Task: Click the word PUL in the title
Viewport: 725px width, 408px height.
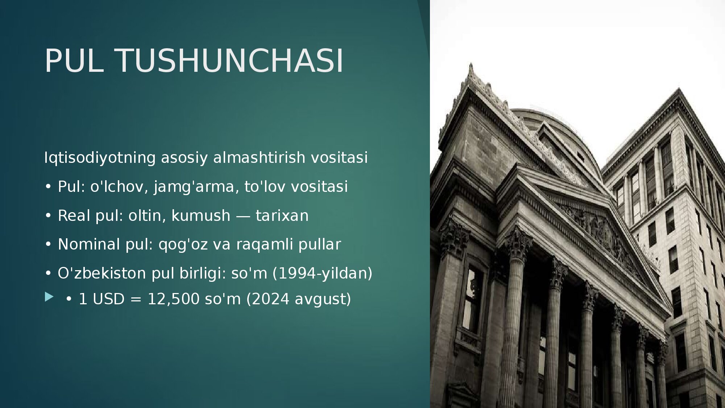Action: coord(74,61)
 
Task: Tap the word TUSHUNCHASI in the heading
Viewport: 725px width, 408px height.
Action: coord(229,61)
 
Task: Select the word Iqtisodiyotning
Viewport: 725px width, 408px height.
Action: coord(100,158)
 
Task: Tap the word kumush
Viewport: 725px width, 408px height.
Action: coord(200,215)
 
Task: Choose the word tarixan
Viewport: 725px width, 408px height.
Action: coord(282,215)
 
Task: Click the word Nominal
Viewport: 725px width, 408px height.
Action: coord(89,244)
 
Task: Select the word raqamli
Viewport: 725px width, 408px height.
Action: coord(265,244)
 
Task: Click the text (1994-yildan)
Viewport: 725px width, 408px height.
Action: coord(322,273)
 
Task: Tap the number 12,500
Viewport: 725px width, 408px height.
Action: coord(174,299)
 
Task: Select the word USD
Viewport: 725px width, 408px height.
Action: coord(108,299)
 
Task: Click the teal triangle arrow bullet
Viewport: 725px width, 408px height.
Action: coord(49,297)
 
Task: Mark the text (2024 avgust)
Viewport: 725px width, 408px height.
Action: coord(299,299)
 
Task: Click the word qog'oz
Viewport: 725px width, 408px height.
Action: coord(183,244)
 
